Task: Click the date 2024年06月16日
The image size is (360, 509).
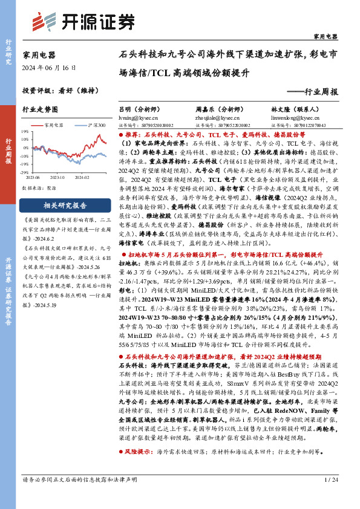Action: (x=47, y=67)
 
